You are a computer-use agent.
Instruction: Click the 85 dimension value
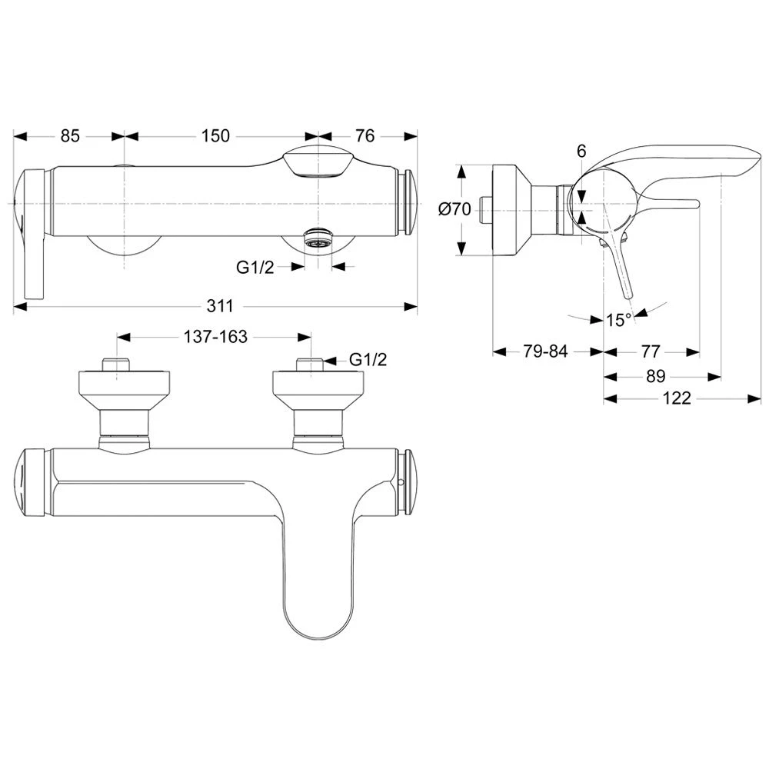tap(70, 136)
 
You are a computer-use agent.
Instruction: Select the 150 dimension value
tap(215, 136)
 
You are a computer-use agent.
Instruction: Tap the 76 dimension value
tap(365, 136)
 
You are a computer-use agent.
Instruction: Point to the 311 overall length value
tap(219, 306)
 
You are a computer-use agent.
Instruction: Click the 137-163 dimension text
tap(215, 338)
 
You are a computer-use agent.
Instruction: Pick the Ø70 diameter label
tap(454, 208)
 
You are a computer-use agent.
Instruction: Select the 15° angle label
tap(618, 320)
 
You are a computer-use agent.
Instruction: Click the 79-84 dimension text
tap(545, 352)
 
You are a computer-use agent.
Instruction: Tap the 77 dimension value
tap(650, 352)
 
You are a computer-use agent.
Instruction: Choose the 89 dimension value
tap(655, 376)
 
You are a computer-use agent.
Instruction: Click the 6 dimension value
tap(581, 152)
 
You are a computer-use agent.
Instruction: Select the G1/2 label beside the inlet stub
tap(368, 359)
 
